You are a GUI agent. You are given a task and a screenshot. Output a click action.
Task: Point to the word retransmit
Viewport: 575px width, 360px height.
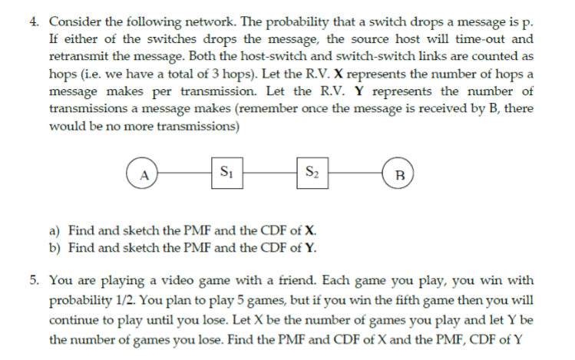click(x=81, y=57)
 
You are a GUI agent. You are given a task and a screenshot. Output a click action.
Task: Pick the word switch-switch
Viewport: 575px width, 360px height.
click(x=355, y=57)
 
